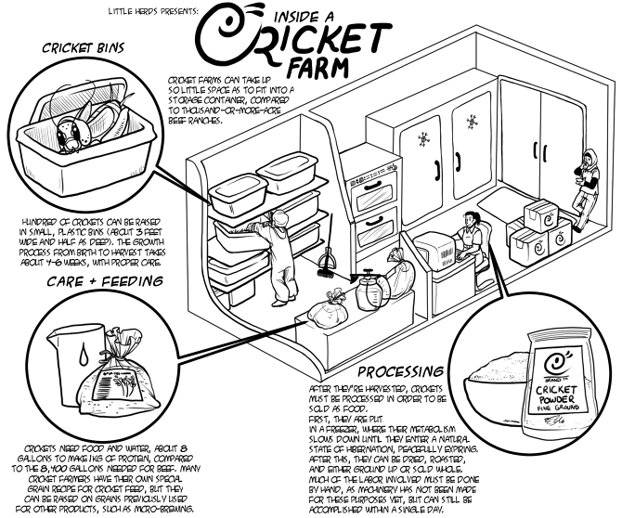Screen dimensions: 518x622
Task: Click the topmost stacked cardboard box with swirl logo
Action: (536, 214)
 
